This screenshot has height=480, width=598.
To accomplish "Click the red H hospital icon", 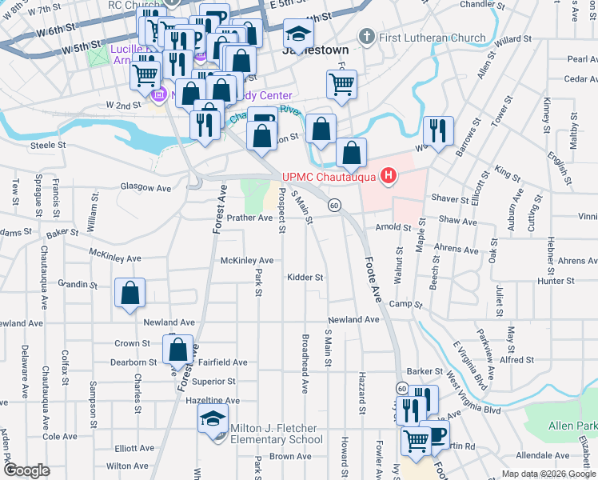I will pyautogui.click(x=389, y=176).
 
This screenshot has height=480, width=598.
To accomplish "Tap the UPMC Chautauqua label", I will pyautogui.click(x=330, y=177).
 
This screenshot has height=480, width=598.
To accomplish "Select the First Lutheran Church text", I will pyautogui.click(x=433, y=38).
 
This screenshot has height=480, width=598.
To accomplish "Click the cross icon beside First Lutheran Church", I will pyautogui.click(x=367, y=37).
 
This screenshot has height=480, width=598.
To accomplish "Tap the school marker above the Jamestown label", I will pyautogui.click(x=299, y=34).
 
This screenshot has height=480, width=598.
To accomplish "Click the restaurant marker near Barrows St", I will pyautogui.click(x=438, y=130).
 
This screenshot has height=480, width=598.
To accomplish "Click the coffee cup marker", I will pyautogui.click(x=435, y=434).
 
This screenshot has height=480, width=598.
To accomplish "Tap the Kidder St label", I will pyautogui.click(x=305, y=278).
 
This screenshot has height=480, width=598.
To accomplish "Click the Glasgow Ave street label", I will pyautogui.click(x=146, y=188).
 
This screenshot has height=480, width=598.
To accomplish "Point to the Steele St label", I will pyautogui.click(x=46, y=145).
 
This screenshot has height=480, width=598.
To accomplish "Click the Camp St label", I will pyautogui.click(x=405, y=305).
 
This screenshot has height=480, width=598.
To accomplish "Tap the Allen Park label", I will pyautogui.click(x=572, y=427).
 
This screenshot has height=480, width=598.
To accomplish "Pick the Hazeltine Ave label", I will pyautogui.click(x=212, y=400).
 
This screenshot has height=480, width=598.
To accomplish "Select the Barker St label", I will pyautogui.click(x=424, y=372).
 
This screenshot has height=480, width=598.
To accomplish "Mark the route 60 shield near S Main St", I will pyautogui.click(x=333, y=206).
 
